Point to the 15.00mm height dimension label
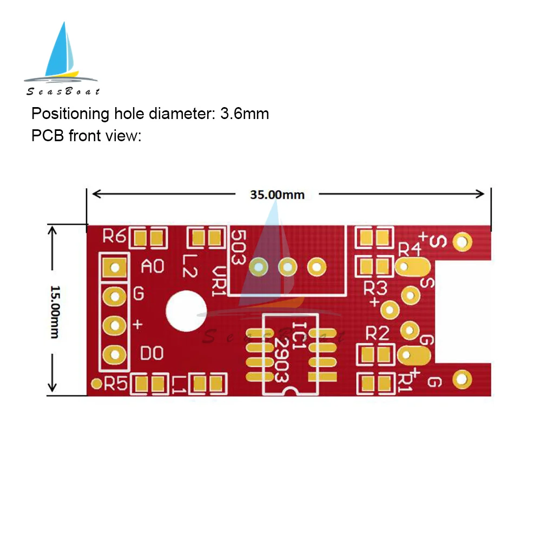[54, 312]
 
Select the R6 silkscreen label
[114, 236]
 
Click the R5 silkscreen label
[115, 384]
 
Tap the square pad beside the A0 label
[115, 267]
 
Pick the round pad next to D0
[115, 354]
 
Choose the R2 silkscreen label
[377, 334]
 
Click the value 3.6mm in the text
[244, 114]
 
